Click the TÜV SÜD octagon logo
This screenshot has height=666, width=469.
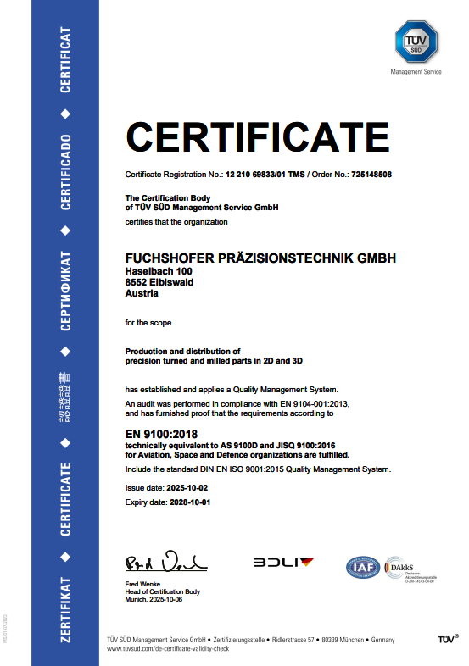click(416, 42)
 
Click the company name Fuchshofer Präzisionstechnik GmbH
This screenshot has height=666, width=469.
click(260, 258)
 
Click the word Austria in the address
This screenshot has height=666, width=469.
click(142, 294)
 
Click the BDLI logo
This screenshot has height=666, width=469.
click(283, 562)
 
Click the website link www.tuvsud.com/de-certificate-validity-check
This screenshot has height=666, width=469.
click(168, 648)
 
